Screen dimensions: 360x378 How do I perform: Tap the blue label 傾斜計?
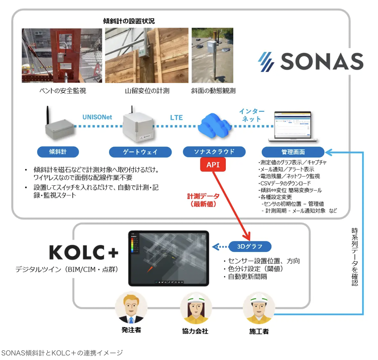click(x=58, y=152)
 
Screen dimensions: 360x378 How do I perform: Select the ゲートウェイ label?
click(x=140, y=152)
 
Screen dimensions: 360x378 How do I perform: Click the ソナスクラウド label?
click(x=214, y=152)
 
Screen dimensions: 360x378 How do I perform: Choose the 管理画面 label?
click(x=293, y=152)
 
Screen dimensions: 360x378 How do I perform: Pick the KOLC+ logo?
click(x=84, y=253)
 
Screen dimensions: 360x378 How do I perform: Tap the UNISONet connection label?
click(x=97, y=117)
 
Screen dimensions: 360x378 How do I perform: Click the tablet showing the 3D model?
click(x=169, y=258)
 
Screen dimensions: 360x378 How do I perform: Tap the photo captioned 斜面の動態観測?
click(x=212, y=56)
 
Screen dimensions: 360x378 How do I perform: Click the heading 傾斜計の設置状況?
click(x=129, y=21)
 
